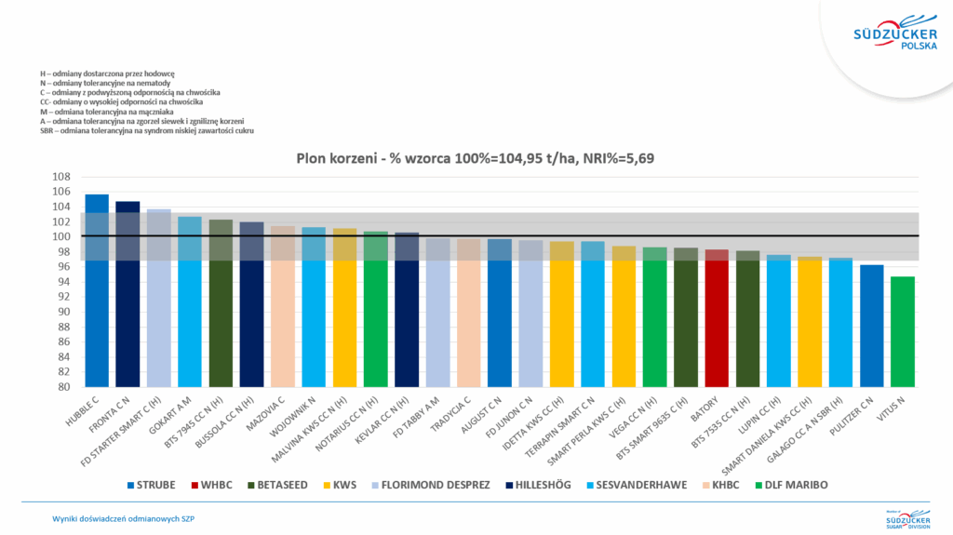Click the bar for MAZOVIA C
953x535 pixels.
pyautogui.click(x=283, y=306)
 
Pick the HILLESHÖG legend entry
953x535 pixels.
pyautogui.click(x=544, y=485)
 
